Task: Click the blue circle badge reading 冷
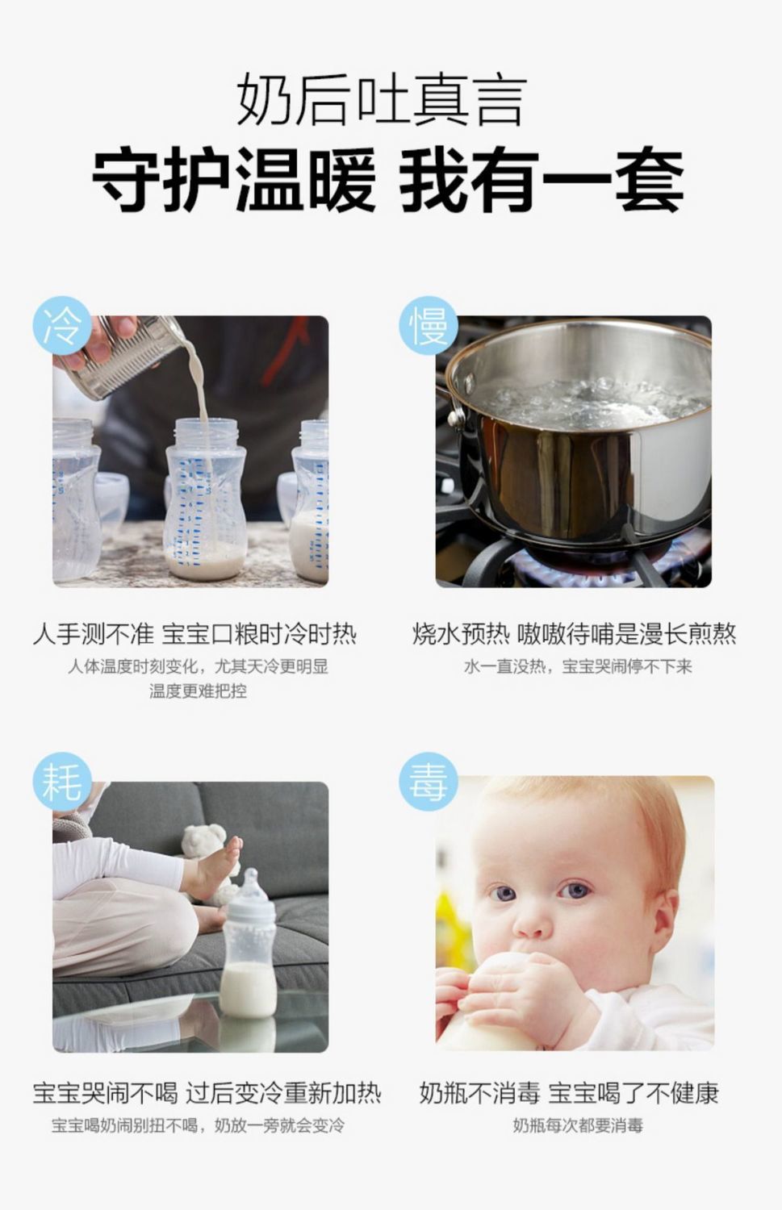pos(62,325)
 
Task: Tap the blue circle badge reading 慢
pos(428,325)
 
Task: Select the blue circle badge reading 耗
pos(62,782)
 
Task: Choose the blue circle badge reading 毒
pos(428,782)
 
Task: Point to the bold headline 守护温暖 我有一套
pos(388,179)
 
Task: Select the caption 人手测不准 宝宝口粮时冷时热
pos(194,633)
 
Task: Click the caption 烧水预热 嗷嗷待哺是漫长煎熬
pos(574,633)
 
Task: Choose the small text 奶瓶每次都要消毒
pos(578,1125)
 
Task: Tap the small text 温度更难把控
pos(198,691)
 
